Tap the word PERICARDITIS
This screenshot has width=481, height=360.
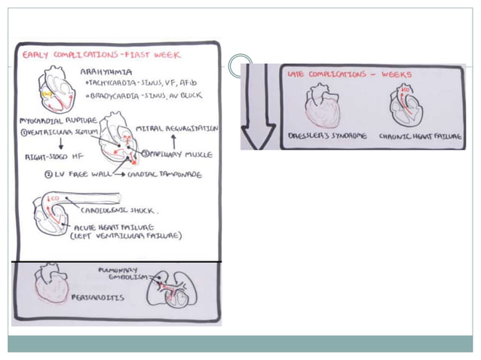point(98,297)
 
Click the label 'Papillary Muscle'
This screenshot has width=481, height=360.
point(182,154)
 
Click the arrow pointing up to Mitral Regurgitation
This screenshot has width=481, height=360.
point(173,141)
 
